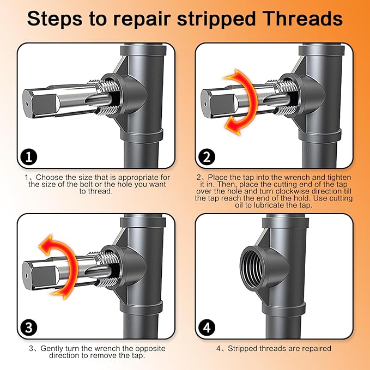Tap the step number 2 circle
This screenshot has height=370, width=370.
207,157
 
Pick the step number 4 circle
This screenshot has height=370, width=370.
207,328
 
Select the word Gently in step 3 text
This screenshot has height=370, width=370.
51,348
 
